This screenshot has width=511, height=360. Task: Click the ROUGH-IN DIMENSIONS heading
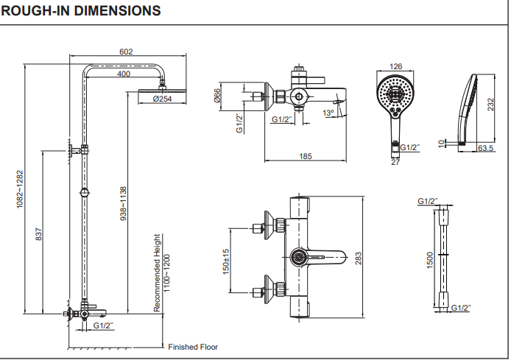[81, 11]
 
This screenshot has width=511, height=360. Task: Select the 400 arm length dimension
[124, 74]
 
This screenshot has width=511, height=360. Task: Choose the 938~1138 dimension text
[124, 204]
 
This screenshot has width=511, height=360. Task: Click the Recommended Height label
[157, 272]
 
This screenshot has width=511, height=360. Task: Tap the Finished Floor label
[193, 347]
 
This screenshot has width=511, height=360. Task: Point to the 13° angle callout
[328, 113]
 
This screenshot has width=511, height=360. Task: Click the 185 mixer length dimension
[306, 156]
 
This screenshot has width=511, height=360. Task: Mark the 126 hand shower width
[395, 67]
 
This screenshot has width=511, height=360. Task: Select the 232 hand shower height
[490, 105]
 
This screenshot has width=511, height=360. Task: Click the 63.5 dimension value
[486, 149]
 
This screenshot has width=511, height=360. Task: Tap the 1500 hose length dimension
[429, 259]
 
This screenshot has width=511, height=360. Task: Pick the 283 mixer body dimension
[359, 258]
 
